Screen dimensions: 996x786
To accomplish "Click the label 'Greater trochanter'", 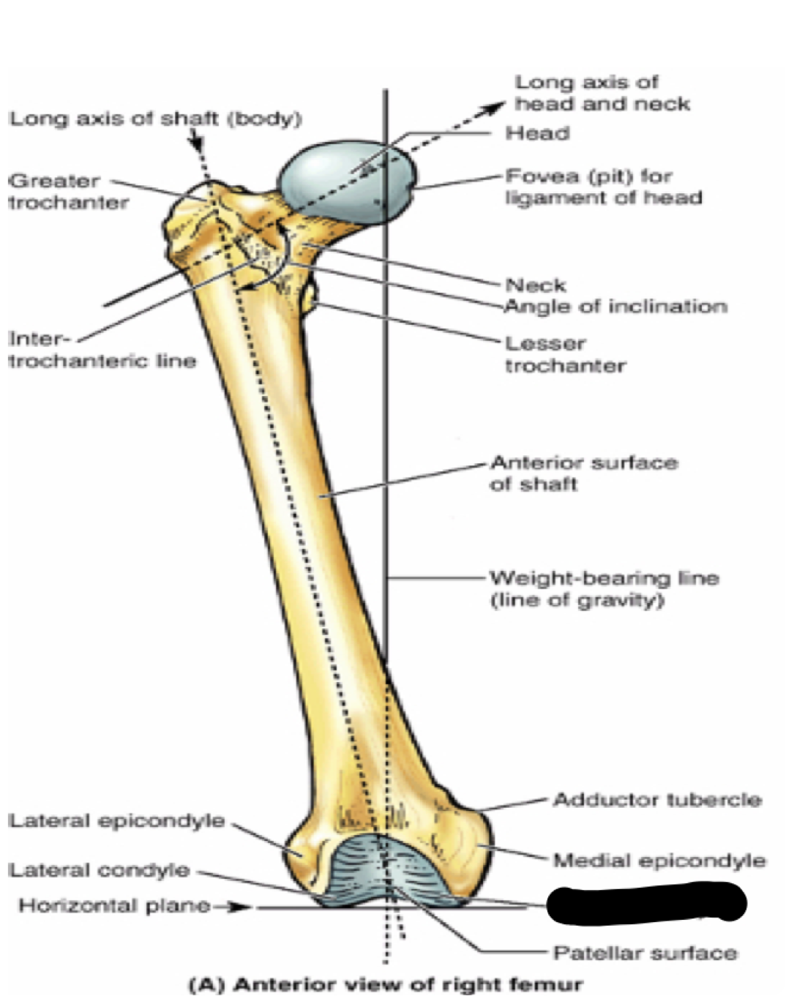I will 68,192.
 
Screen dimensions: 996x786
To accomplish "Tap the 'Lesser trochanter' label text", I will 565,354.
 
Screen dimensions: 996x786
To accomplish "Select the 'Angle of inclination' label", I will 615,307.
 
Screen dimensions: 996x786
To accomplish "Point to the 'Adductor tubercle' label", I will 656,799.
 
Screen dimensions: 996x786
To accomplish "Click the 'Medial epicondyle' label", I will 659,861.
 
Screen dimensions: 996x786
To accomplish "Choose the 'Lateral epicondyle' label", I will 116,821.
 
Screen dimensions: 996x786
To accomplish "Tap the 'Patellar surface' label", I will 644,953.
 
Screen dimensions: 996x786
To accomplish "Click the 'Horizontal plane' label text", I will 114,906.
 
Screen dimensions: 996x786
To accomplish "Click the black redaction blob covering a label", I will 646,902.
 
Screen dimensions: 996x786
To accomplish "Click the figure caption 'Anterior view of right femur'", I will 386,984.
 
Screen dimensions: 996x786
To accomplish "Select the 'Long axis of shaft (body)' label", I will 155,119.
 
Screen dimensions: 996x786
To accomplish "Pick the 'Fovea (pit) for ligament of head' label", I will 603,187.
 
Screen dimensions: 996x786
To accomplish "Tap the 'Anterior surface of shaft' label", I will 583,473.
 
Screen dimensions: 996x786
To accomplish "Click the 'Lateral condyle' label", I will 99,870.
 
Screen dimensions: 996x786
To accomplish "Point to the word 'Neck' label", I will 536,285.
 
